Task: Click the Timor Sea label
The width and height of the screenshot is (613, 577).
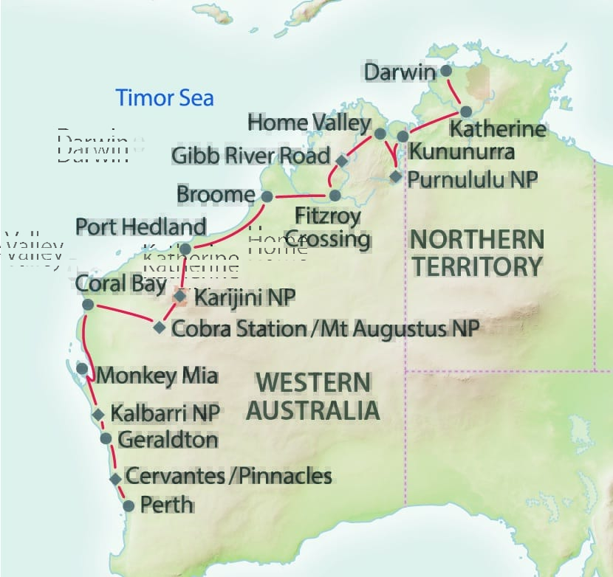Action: click(x=165, y=97)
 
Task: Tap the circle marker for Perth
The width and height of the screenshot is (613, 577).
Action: click(x=129, y=506)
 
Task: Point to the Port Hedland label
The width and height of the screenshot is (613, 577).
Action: click(x=140, y=227)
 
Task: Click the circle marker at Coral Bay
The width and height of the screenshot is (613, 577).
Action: click(x=87, y=304)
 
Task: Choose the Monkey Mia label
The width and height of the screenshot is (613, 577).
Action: click(x=157, y=376)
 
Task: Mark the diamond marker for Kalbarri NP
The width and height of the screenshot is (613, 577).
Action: click(x=98, y=415)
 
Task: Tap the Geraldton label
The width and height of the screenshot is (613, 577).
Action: click(x=168, y=440)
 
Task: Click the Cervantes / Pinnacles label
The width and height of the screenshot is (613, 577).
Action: click(x=228, y=476)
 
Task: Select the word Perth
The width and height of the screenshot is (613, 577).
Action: click(x=166, y=505)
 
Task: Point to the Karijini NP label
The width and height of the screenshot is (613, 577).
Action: click(x=244, y=297)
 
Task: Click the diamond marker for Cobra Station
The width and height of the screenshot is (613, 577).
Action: click(x=160, y=328)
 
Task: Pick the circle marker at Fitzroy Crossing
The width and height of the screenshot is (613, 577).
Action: click(x=335, y=196)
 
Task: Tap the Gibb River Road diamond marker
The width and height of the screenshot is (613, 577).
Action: click(x=341, y=160)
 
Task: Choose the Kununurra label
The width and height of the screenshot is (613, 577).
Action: click(x=462, y=153)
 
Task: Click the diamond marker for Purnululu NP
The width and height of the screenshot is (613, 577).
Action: click(x=396, y=177)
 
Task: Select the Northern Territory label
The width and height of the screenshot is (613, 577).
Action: click(x=476, y=252)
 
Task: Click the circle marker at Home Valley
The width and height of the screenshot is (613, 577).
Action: click(x=380, y=134)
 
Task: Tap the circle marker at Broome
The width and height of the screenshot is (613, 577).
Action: click(x=267, y=196)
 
